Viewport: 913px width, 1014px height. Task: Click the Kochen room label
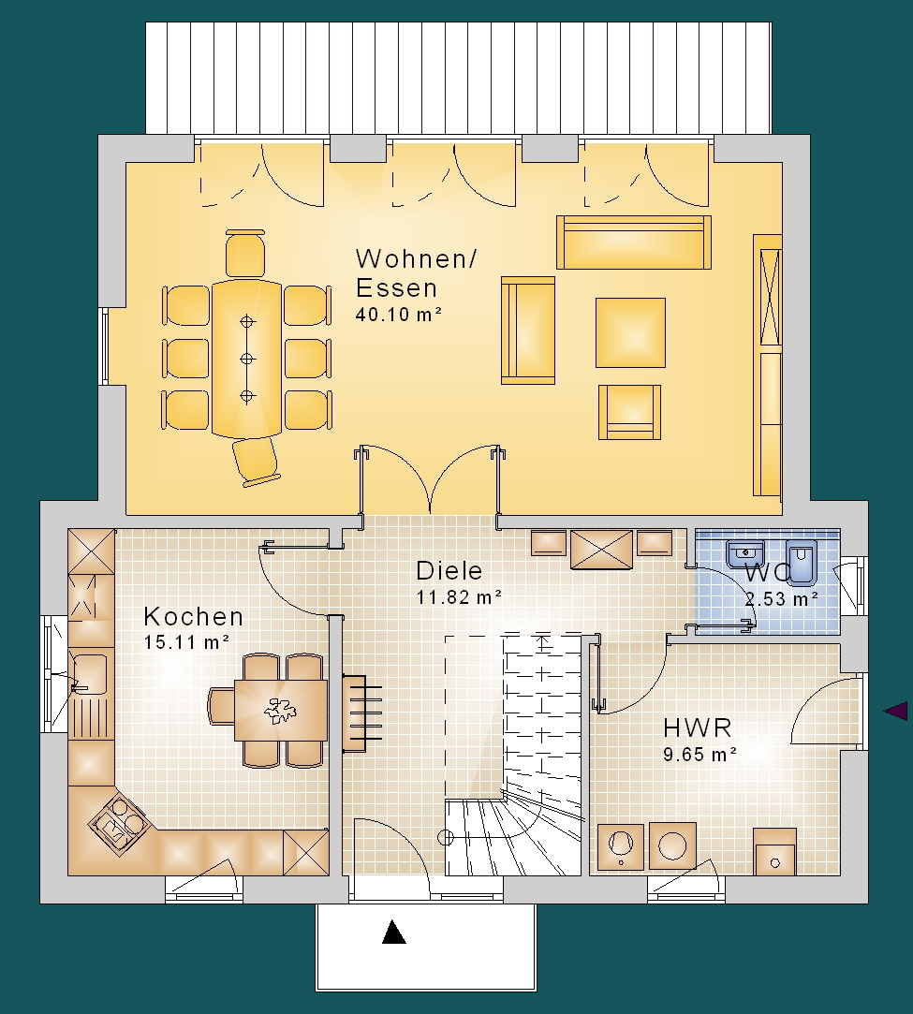tap(193, 616)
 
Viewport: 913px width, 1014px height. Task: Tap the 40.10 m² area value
tap(398, 315)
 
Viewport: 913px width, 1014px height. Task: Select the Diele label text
tap(449, 570)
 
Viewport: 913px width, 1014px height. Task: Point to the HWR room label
tap(697, 727)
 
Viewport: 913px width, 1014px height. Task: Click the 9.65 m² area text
tap(700, 754)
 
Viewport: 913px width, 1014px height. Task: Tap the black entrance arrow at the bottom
tap(394, 932)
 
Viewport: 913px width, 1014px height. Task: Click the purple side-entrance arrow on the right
tap(895, 712)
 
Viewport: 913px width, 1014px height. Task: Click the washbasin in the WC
tap(746, 553)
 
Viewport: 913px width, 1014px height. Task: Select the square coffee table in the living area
tap(630, 332)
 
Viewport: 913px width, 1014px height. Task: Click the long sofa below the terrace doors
tap(634, 242)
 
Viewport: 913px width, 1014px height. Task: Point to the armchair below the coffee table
tap(630, 412)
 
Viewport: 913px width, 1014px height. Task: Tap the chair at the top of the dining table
tap(245, 254)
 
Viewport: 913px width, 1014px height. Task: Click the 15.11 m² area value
tap(187, 642)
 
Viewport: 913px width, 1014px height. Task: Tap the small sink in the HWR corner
tap(775, 851)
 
